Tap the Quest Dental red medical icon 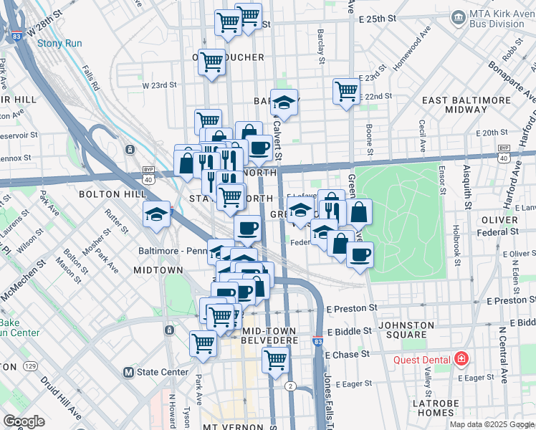pos(462,359)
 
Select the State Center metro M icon pos(128,372)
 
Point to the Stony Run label pos(59,44)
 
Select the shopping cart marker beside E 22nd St pos(346,91)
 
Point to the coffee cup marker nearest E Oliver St pos(360,254)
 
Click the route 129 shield pos(30,366)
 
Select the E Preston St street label pos(353,307)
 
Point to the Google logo pos(24,421)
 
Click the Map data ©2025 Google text pos(491,424)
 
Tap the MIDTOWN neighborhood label pos(158,269)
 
